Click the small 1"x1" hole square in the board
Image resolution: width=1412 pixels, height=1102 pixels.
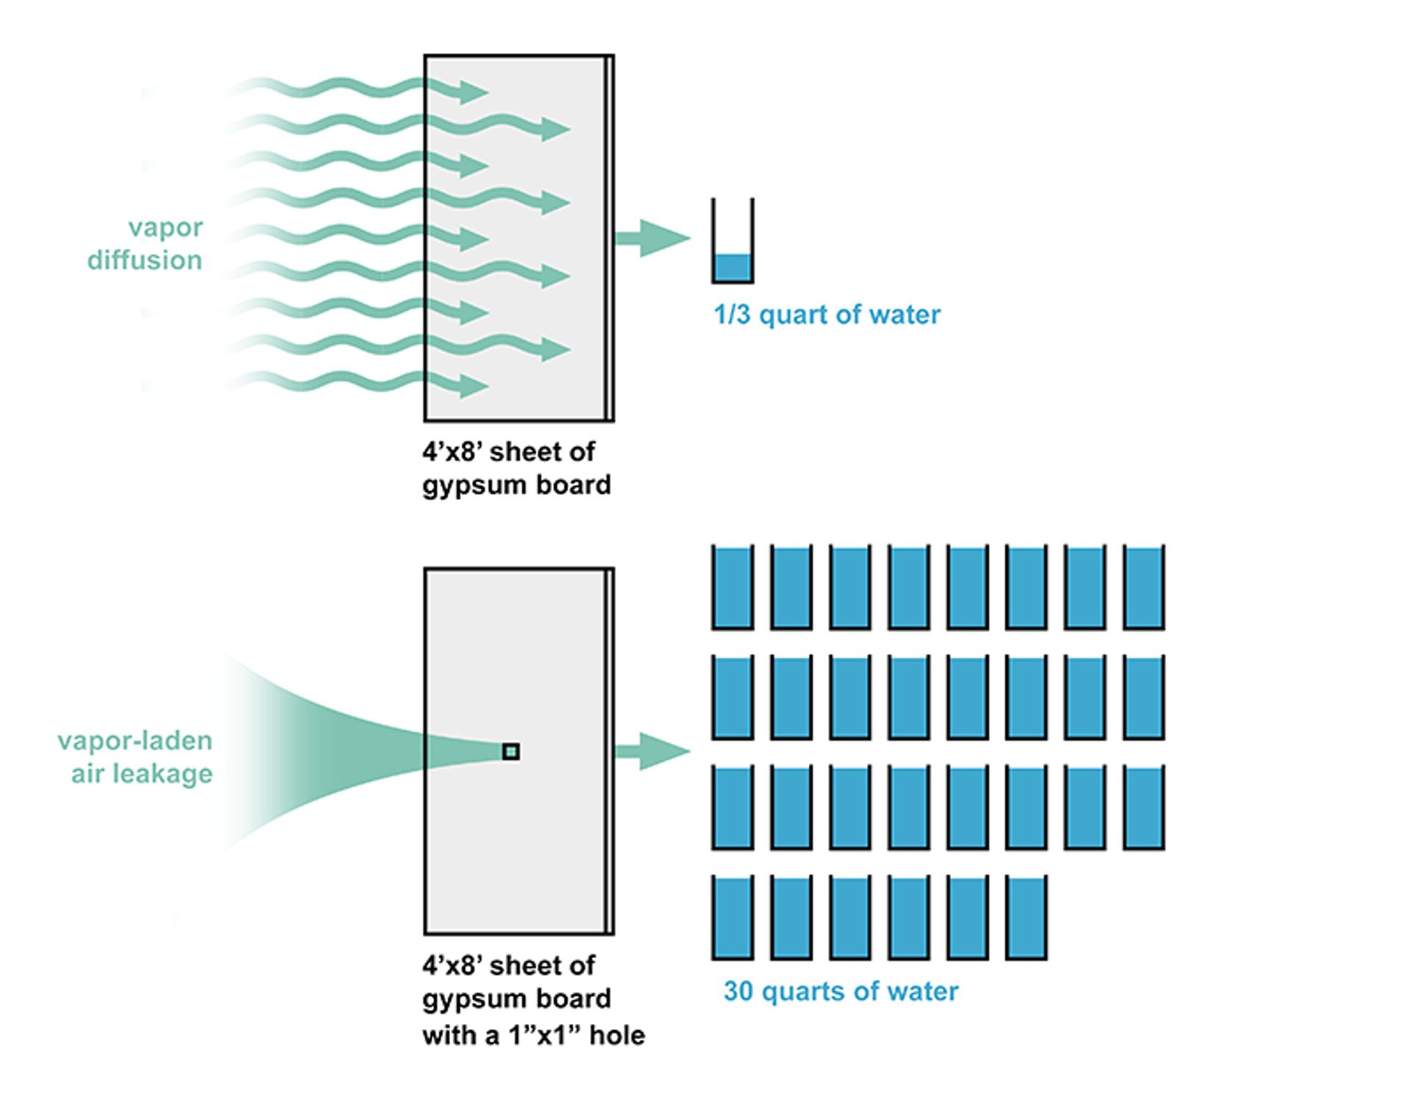510,751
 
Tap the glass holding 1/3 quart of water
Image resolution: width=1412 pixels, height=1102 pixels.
732,243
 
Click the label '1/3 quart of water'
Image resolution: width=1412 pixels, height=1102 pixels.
827,315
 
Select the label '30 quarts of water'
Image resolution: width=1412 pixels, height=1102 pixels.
841,991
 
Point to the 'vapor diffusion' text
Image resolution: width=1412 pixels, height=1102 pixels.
146,243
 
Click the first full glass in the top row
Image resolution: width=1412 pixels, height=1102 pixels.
732,587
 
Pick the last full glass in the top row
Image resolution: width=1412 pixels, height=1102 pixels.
1144,587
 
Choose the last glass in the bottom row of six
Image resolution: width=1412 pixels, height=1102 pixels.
1026,917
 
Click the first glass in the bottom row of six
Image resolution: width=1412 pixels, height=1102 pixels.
732,917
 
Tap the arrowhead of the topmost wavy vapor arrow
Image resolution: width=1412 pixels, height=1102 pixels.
474,92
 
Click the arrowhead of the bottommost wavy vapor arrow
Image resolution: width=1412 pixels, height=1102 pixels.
474,385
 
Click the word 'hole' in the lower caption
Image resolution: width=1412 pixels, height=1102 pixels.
618,1035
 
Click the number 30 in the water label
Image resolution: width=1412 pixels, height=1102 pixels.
739,991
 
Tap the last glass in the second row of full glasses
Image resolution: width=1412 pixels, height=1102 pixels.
1144,697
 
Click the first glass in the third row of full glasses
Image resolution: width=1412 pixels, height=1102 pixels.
732,807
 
